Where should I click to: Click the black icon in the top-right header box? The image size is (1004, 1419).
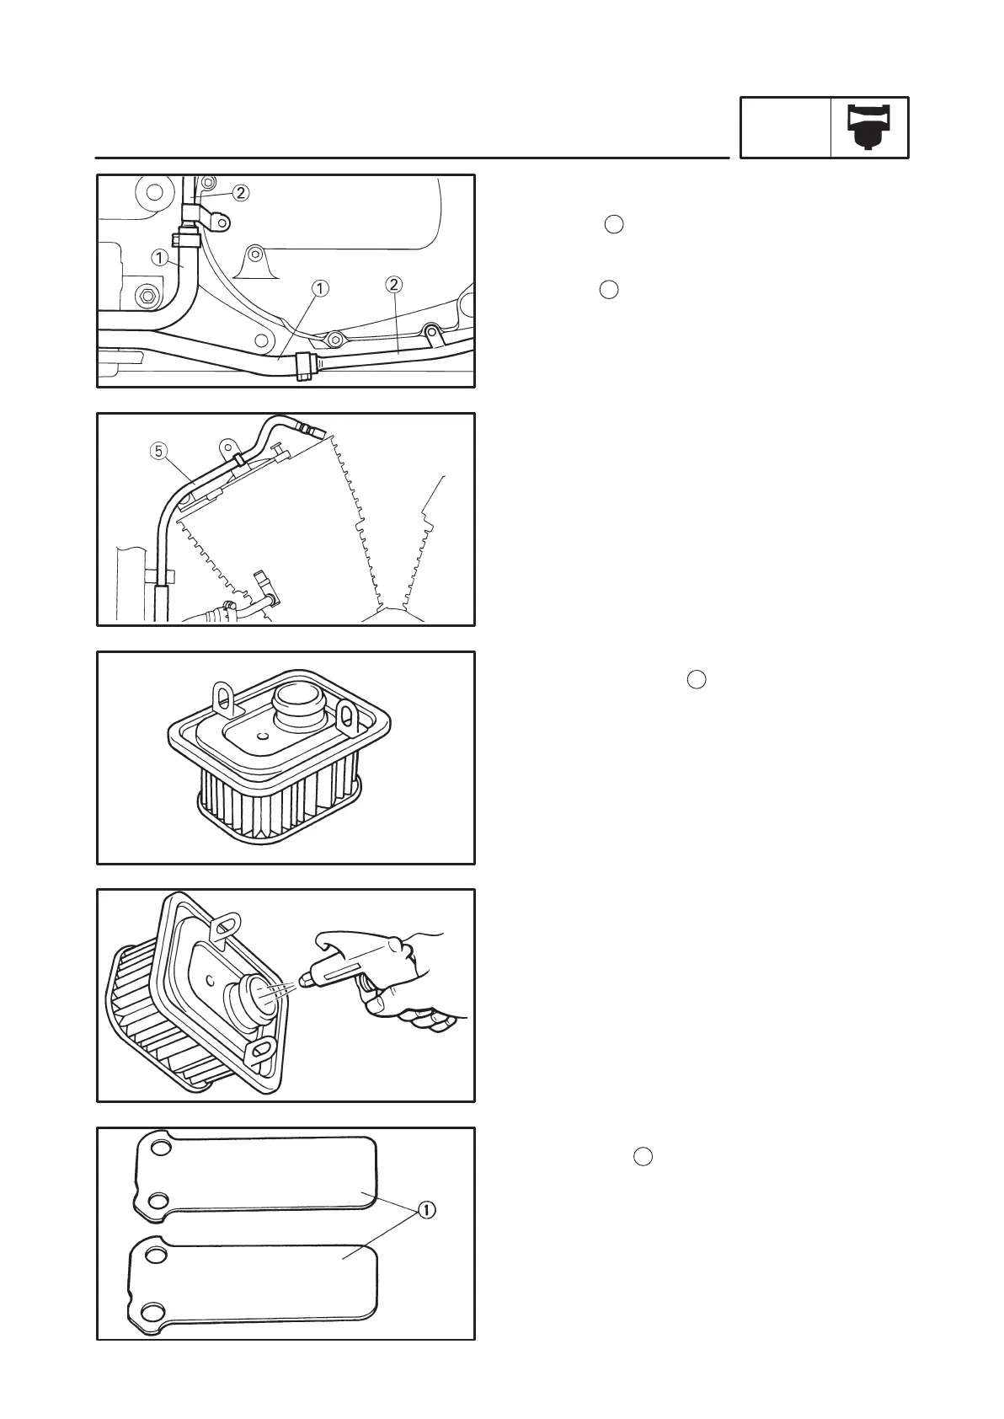tap(869, 127)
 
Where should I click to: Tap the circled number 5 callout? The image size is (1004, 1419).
tap(158, 451)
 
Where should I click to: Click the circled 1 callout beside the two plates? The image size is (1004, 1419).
tap(427, 1210)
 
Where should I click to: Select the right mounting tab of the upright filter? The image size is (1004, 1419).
tap(345, 715)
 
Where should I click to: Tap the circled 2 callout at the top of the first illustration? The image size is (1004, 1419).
tap(241, 193)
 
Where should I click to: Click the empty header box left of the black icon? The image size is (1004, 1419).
tap(785, 127)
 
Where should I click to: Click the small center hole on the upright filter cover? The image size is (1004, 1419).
tap(264, 736)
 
